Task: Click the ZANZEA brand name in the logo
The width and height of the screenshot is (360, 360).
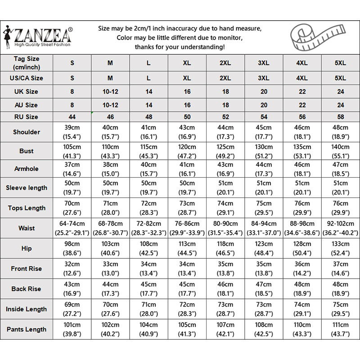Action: (x=43, y=35)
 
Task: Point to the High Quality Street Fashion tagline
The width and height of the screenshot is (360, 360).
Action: (x=43, y=45)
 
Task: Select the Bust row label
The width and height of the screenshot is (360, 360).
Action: (x=27, y=151)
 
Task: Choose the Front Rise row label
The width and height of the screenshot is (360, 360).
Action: (x=27, y=269)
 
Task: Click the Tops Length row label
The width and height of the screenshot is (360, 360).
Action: (x=27, y=208)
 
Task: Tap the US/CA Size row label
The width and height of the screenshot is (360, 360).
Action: (x=27, y=78)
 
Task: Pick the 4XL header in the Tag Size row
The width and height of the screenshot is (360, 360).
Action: (x=302, y=63)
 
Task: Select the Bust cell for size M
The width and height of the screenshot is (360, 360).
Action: (x=110, y=151)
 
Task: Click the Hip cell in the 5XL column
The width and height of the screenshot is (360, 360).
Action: (x=341, y=248)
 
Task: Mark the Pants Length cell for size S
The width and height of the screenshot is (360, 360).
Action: (x=72, y=329)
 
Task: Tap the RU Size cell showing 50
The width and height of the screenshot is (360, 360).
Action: (x=187, y=117)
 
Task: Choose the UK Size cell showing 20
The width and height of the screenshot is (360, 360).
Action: (x=264, y=91)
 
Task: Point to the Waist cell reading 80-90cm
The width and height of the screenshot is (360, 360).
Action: (x=225, y=228)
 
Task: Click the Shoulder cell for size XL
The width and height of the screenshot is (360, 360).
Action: (x=187, y=132)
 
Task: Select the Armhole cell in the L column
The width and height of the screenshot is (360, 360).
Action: (x=149, y=169)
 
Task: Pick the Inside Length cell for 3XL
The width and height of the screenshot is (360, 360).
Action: (x=264, y=309)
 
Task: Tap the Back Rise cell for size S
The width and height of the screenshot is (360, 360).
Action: (x=72, y=289)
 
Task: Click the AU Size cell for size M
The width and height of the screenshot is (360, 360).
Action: (x=110, y=105)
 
